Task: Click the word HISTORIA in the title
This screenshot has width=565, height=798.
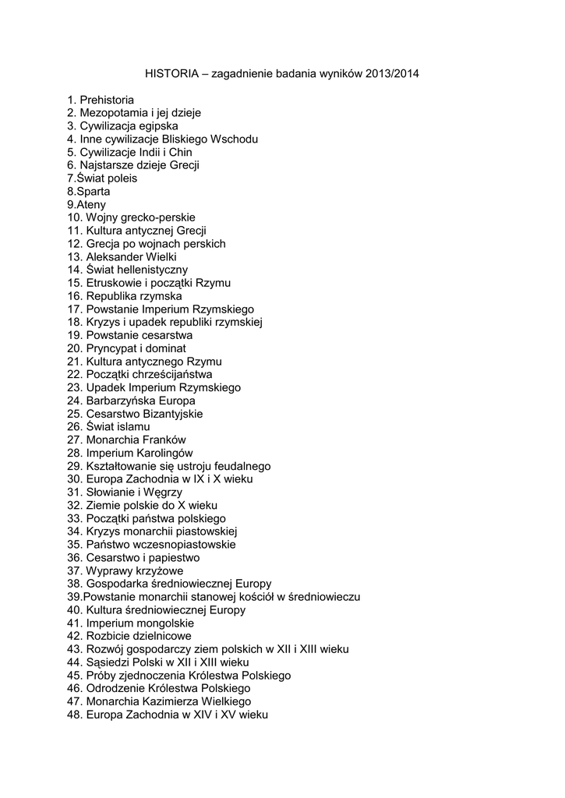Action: tap(171, 74)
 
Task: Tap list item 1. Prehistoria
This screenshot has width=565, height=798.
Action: tap(101, 100)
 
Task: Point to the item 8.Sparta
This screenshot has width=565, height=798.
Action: tap(88, 191)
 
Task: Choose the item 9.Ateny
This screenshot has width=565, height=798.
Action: tap(87, 204)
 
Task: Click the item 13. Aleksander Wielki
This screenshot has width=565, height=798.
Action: tap(122, 256)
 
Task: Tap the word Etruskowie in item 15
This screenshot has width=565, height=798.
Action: tap(115, 283)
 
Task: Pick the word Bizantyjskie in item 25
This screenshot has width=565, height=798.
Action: tap(172, 414)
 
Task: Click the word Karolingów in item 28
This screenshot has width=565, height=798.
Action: tap(164, 453)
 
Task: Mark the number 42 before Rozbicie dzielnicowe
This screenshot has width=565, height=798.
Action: tap(74, 636)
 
